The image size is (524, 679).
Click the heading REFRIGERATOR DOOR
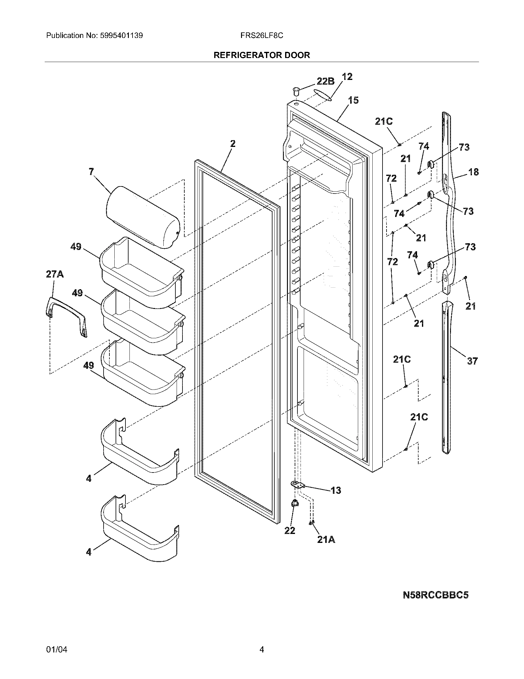click(261, 55)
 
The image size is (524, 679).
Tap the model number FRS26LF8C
click(261, 35)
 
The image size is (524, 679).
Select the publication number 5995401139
click(121, 35)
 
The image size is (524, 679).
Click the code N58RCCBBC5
click(435, 595)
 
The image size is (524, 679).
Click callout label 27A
click(55, 274)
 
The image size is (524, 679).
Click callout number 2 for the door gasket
click(232, 144)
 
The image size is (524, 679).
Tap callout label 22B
click(325, 81)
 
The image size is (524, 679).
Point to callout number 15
click(353, 100)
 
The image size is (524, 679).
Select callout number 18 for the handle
click(473, 172)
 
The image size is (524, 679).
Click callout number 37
click(472, 361)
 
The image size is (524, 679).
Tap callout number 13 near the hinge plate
click(336, 490)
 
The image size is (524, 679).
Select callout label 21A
click(326, 540)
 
